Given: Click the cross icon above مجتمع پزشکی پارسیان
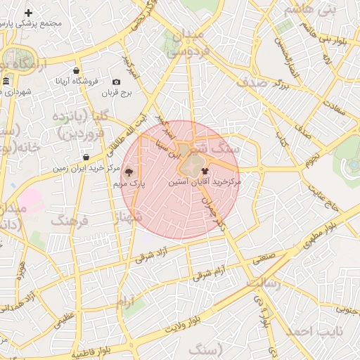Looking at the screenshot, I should click(x=28, y=13).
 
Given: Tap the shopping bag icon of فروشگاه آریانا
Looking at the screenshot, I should click(x=77, y=70).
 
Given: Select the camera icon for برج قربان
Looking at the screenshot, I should click(x=116, y=82).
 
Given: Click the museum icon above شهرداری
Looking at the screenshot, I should click(x=6, y=82).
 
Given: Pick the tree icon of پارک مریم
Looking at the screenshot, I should click(x=129, y=172).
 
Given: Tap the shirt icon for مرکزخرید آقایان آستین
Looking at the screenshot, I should click(x=205, y=170).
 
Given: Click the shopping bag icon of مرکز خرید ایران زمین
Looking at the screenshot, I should click(x=86, y=157).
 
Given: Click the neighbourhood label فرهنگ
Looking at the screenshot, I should click(x=68, y=221).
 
